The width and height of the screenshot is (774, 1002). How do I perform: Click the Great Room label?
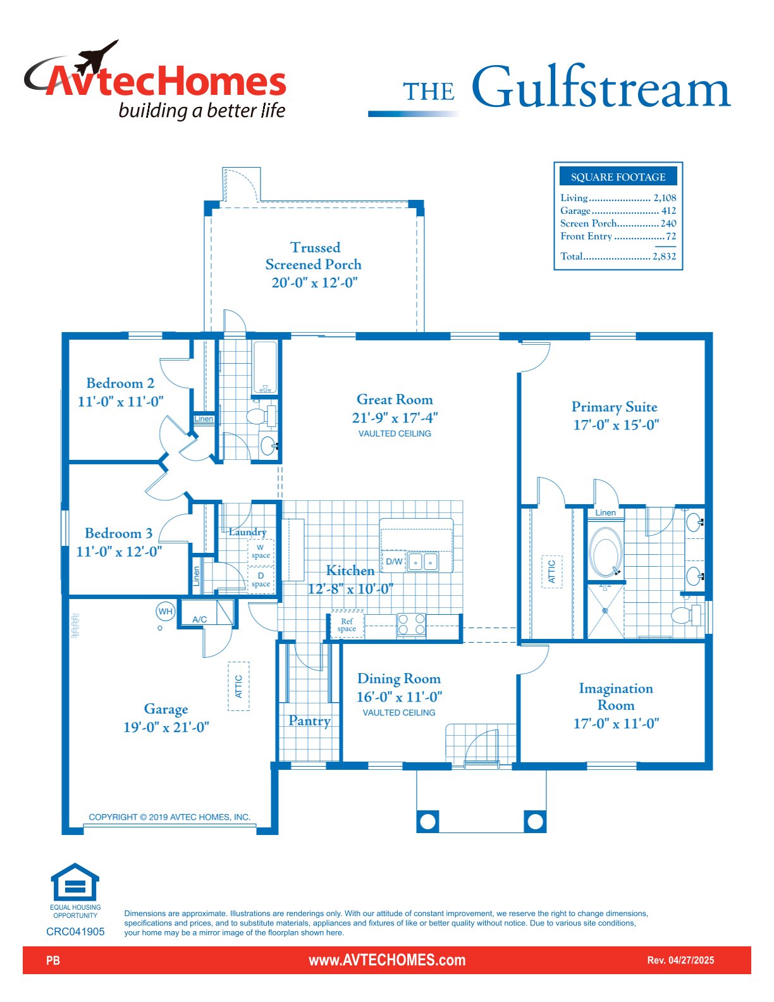(x=395, y=399)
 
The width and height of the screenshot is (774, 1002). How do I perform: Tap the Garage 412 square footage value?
(x=668, y=211)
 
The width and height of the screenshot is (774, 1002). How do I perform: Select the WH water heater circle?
(x=166, y=612)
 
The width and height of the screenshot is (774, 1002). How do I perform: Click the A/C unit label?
(x=199, y=619)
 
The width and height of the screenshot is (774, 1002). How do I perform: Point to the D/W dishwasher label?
(x=394, y=562)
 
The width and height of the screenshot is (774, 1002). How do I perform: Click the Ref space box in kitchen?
(x=347, y=625)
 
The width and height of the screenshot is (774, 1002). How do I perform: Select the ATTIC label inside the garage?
(x=238, y=686)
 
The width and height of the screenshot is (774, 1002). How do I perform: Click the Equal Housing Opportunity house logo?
(x=75, y=882)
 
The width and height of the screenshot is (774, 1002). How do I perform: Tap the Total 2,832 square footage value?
(x=664, y=256)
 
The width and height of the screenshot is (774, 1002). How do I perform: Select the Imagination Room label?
(x=616, y=696)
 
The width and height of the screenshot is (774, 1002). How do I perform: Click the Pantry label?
(x=309, y=721)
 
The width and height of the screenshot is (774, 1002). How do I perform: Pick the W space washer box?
(x=261, y=552)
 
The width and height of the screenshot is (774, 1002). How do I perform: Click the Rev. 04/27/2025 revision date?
(x=680, y=960)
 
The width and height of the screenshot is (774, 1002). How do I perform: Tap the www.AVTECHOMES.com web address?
(x=387, y=960)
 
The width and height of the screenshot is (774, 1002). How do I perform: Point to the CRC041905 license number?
(x=76, y=931)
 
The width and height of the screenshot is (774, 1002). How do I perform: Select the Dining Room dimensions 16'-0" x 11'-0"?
(x=399, y=696)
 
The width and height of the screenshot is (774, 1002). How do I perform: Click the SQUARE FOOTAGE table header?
(x=618, y=176)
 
